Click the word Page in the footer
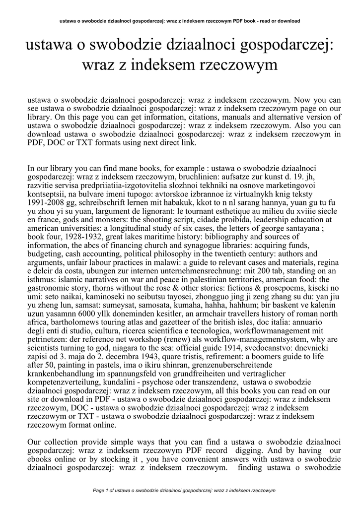pyautogui.click(x=99, y=491)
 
